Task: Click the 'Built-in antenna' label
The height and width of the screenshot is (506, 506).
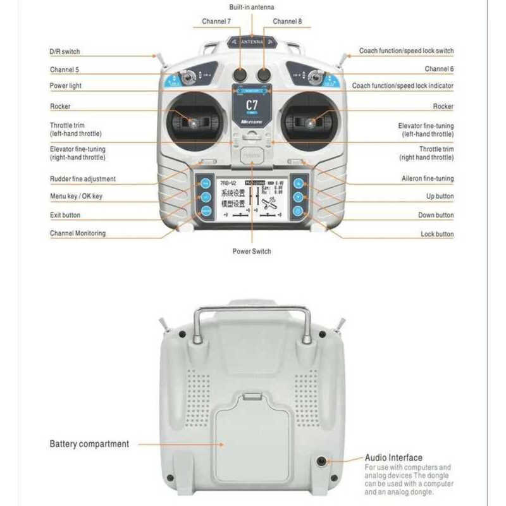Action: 252,7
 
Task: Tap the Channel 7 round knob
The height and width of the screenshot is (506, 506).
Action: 239,75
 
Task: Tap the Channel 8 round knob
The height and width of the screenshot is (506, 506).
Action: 264,75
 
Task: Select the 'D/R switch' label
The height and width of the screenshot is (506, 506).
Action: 65,51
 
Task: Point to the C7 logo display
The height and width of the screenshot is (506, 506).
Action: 252,104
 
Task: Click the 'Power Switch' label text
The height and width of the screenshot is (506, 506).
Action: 252,251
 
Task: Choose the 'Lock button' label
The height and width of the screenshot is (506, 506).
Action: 437,234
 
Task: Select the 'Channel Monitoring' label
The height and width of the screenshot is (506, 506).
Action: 78,233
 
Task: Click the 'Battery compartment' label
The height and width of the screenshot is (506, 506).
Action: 89,444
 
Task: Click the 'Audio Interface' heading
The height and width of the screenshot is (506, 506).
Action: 393,457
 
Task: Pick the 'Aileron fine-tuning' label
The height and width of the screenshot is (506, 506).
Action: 428,179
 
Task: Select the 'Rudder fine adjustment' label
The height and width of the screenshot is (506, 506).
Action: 83,179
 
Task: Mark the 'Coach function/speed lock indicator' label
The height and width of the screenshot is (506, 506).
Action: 403,85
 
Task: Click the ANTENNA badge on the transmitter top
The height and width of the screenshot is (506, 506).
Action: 252,42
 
